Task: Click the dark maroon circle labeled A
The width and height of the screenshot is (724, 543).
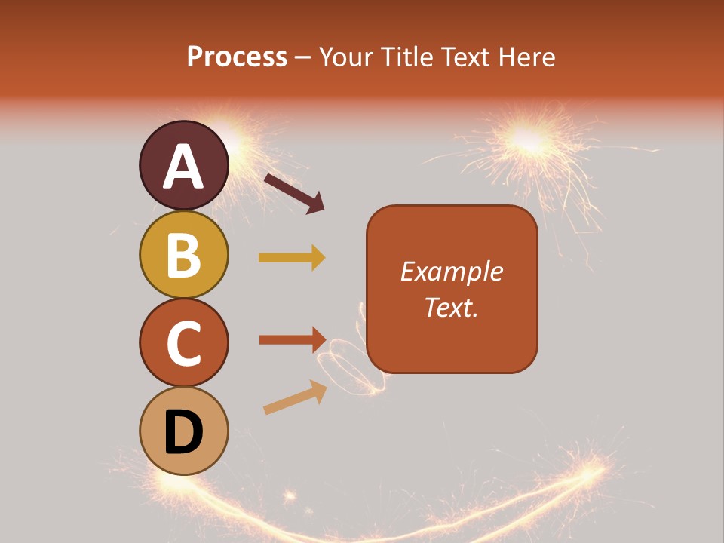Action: [x=183, y=165]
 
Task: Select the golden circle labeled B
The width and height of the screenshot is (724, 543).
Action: [x=183, y=254]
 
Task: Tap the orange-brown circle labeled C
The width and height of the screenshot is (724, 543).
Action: [x=183, y=342]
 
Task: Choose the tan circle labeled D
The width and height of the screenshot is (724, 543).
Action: [x=183, y=431]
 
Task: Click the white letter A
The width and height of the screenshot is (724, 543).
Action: [x=183, y=167]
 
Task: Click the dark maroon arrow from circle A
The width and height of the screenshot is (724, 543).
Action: [x=294, y=193]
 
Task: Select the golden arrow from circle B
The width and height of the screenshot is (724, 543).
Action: [x=292, y=258]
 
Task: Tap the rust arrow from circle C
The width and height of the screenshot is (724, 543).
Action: [x=292, y=339]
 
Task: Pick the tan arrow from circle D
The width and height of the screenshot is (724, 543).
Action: [x=295, y=397]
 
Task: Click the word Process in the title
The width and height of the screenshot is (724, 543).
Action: [x=237, y=57]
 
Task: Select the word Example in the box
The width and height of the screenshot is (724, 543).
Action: [x=451, y=271]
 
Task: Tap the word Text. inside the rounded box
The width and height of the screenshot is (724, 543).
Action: [x=451, y=308]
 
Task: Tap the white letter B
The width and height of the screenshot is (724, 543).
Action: [x=183, y=255]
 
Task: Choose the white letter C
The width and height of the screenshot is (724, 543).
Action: [x=183, y=343]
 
